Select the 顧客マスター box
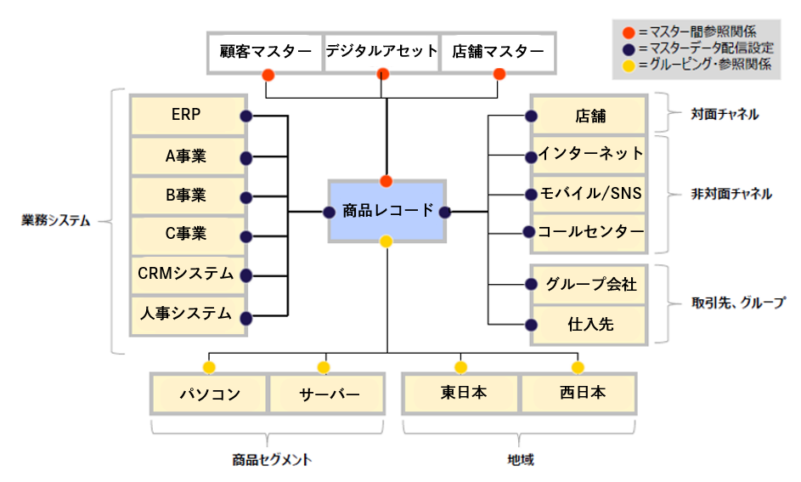(266, 51)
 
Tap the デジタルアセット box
(382, 51)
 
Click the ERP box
(186, 116)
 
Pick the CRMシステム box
(186, 274)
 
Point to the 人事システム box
(186, 314)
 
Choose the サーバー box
(330, 394)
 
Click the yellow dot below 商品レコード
(386, 241)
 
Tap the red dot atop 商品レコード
(386, 181)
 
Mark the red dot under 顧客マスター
(268, 75)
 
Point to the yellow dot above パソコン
(208, 367)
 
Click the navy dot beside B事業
(246, 197)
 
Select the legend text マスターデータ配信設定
(705, 48)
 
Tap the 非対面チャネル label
(731, 194)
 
